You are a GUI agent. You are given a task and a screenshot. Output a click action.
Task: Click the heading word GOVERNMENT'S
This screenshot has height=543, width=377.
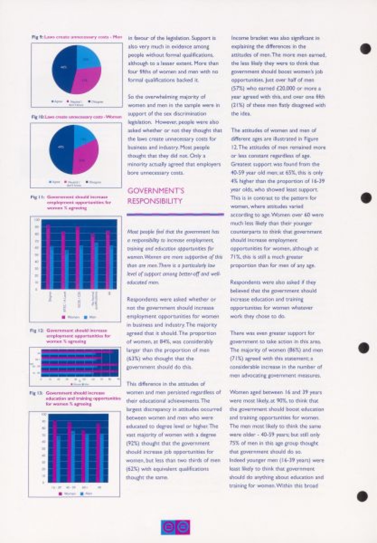point(156,191)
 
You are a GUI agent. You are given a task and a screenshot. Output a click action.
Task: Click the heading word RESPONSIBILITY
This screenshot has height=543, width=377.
point(155,201)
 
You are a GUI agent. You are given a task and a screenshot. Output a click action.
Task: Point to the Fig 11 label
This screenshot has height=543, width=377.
point(34,197)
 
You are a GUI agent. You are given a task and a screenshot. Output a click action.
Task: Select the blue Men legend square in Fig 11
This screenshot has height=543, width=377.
point(85,317)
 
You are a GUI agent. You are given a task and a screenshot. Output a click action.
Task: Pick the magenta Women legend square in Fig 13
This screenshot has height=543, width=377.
point(60,494)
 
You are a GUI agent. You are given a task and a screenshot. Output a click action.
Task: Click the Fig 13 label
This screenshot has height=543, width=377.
point(33,393)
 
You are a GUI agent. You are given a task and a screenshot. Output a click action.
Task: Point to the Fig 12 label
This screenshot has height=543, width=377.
point(33,331)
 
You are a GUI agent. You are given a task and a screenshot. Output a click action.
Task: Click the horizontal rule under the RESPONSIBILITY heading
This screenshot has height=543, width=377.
point(175,215)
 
